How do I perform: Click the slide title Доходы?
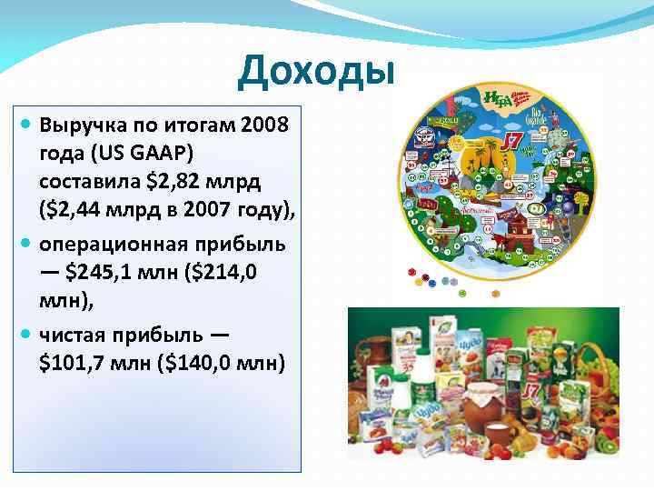coord(316,74)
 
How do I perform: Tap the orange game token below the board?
coord(495,295)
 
